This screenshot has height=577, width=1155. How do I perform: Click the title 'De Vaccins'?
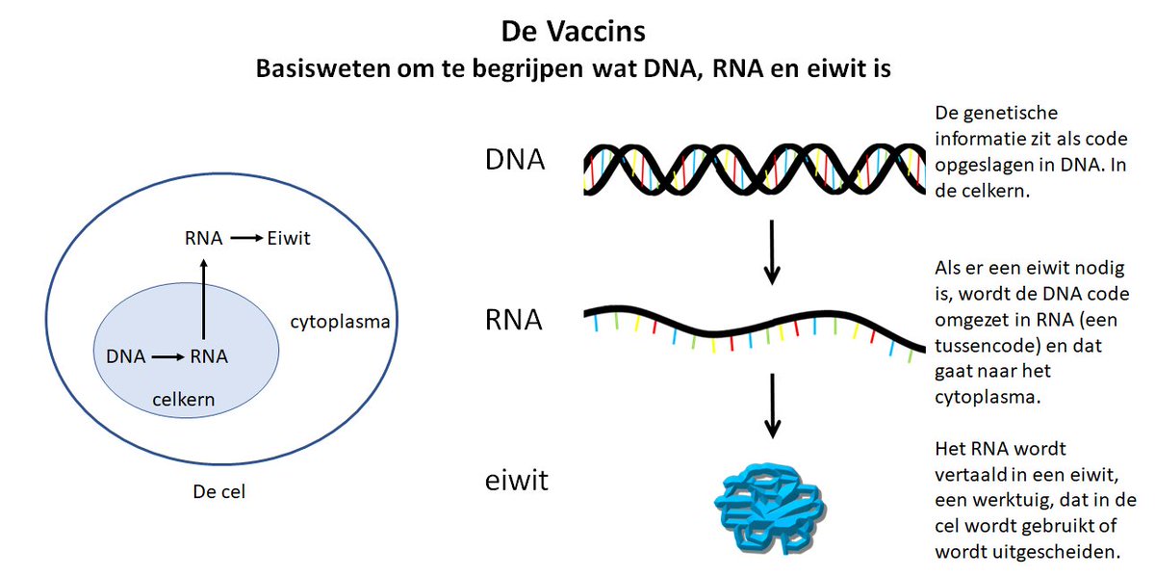coord(573,31)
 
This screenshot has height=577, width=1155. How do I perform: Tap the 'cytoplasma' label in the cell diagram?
coord(340,321)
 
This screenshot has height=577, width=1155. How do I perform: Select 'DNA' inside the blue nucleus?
coord(126,357)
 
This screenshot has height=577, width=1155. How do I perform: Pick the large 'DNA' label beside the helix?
coord(515,159)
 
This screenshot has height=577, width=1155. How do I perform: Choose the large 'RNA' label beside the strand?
coord(514,320)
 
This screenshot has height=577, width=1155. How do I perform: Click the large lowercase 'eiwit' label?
coord(516,479)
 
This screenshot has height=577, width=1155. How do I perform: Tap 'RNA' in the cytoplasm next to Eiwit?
coord(203,239)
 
